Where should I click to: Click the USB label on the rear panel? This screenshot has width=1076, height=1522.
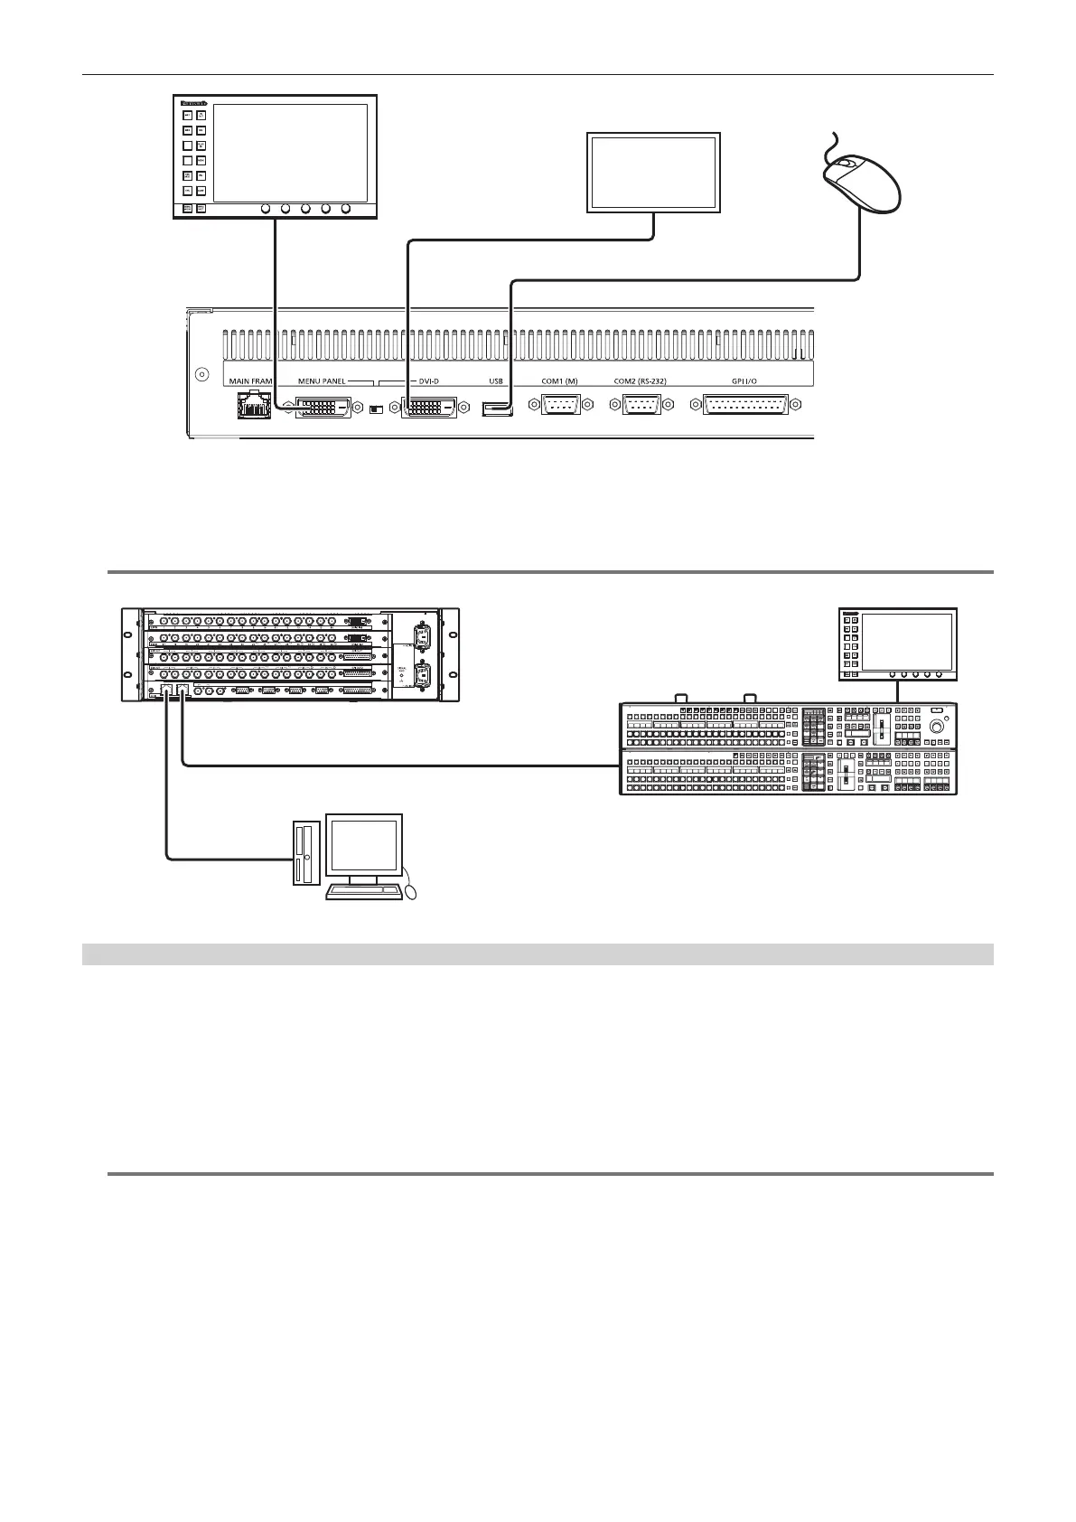pos(495,381)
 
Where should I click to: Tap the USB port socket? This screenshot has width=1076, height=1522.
pos(497,410)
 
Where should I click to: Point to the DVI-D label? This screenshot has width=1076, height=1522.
pos(428,381)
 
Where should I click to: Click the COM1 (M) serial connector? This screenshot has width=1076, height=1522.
pos(566,407)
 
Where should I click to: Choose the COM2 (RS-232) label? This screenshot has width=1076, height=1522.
pos(640,381)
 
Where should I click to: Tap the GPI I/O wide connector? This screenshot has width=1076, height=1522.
pos(744,406)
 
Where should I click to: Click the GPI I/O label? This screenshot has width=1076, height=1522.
pos(744,381)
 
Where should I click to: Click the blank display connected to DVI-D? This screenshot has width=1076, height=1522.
pos(653,172)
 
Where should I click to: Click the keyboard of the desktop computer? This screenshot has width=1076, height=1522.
pos(363,891)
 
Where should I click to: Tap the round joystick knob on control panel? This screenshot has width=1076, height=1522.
pos(939,726)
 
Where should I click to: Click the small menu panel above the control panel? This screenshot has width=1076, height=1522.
pos(897,644)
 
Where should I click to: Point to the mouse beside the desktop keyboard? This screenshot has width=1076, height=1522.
pos(413,892)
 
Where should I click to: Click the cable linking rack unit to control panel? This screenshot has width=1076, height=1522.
pos(398,767)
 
